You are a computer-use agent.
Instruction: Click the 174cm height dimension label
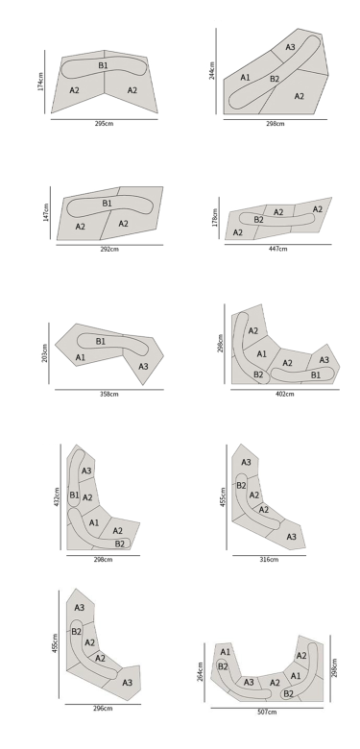click(x=40, y=82)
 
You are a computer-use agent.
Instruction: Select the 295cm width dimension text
click(x=104, y=124)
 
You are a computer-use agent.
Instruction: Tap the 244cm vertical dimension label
click(x=212, y=70)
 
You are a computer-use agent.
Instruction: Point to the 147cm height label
click(x=46, y=212)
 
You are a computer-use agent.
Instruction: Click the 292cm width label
click(x=109, y=250)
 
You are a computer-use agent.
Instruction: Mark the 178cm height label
click(x=215, y=217)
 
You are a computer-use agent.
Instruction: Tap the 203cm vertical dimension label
click(x=45, y=353)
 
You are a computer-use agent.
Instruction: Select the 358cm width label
click(x=108, y=394)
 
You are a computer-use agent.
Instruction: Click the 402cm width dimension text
click(x=285, y=394)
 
